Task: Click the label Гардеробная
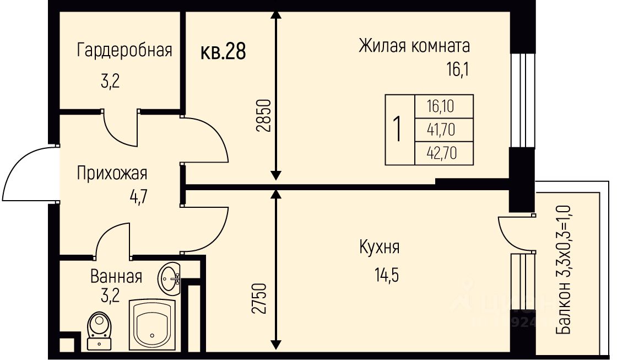tap(124, 50)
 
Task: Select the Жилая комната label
tap(414, 45)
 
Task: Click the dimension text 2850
tap(263, 115)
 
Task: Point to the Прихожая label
tap(112, 173)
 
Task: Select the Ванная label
tap(116, 276)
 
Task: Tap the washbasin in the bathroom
tap(170, 279)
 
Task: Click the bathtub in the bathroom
tap(153, 326)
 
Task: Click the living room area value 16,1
tap(460, 70)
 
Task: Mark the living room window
tap(522, 100)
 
